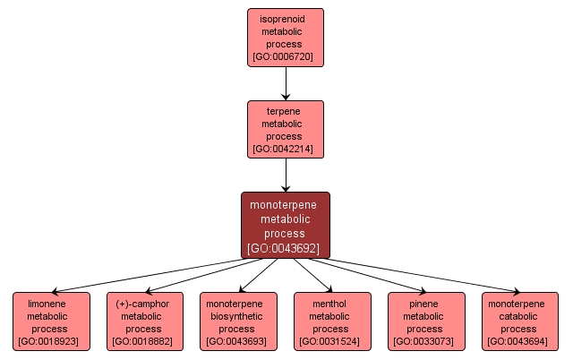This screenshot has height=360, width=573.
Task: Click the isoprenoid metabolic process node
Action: click(286, 37)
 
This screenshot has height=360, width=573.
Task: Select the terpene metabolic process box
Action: click(286, 129)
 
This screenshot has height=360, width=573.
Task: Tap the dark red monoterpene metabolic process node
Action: click(286, 225)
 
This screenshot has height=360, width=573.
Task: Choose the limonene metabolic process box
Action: click(51, 321)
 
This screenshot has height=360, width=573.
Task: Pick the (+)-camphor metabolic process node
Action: click(145, 321)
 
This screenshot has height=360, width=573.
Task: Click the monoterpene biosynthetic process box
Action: click(238, 321)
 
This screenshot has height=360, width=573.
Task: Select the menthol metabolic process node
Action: click(331, 321)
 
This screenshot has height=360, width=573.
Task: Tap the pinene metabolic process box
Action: click(426, 321)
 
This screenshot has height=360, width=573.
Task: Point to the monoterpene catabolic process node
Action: click(519, 321)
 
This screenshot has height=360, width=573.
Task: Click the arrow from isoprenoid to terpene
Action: click(286, 82)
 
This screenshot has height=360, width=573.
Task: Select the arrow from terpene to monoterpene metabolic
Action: click(286, 176)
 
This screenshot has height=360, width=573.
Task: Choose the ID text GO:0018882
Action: click(145, 341)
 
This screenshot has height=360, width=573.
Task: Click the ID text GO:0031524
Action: click(331, 341)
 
